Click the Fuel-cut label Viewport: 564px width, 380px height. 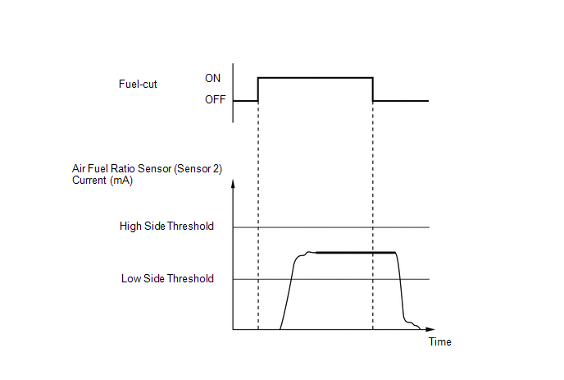click(x=138, y=84)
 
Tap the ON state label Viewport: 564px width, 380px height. click(x=212, y=78)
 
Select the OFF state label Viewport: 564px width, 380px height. click(x=215, y=99)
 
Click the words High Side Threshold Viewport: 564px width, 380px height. click(x=166, y=226)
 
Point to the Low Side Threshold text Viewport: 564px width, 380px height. click(x=167, y=278)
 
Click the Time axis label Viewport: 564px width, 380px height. click(x=439, y=341)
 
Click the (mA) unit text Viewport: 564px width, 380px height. click(x=121, y=181)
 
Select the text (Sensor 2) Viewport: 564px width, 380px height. click(x=198, y=168)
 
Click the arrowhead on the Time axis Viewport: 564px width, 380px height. click(x=430, y=329)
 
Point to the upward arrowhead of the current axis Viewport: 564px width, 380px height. click(x=233, y=183)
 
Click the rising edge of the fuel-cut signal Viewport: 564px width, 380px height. click(x=258, y=89)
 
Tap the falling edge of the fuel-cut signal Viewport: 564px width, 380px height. click(x=373, y=89)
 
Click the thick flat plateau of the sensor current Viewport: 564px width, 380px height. click(x=356, y=253)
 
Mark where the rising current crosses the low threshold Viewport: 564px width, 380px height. click(x=291, y=279)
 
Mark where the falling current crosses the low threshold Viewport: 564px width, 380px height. click(x=400, y=279)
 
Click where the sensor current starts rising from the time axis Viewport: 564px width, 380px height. click(x=280, y=329)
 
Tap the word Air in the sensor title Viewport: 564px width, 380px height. click(x=78, y=168)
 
